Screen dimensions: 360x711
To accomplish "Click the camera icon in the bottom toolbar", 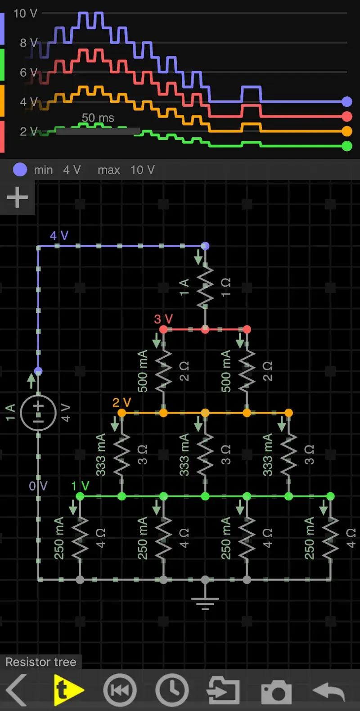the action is [276, 691].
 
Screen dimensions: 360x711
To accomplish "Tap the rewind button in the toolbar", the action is [120, 690].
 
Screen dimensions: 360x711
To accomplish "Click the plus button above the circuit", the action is [17, 197].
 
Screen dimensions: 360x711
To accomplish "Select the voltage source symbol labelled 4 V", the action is [38, 413].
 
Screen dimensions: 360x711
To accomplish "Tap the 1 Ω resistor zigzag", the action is [205, 287].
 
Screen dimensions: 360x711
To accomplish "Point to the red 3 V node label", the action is [163, 319].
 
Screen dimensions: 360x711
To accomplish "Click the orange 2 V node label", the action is [121, 402].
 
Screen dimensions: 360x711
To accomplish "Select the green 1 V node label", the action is [80, 486].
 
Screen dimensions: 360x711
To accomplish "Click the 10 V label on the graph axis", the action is [25, 13].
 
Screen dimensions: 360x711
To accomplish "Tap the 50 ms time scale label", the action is [98, 118].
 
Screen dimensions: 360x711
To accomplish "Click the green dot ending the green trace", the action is [347, 146].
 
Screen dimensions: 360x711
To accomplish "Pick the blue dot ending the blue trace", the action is [347, 102].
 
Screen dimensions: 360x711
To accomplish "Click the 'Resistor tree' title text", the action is [41, 662].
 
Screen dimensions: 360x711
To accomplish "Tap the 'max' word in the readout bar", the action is [108, 170].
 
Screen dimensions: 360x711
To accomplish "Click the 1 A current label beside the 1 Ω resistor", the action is [184, 287].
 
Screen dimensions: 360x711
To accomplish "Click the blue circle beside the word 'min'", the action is [20, 170].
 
